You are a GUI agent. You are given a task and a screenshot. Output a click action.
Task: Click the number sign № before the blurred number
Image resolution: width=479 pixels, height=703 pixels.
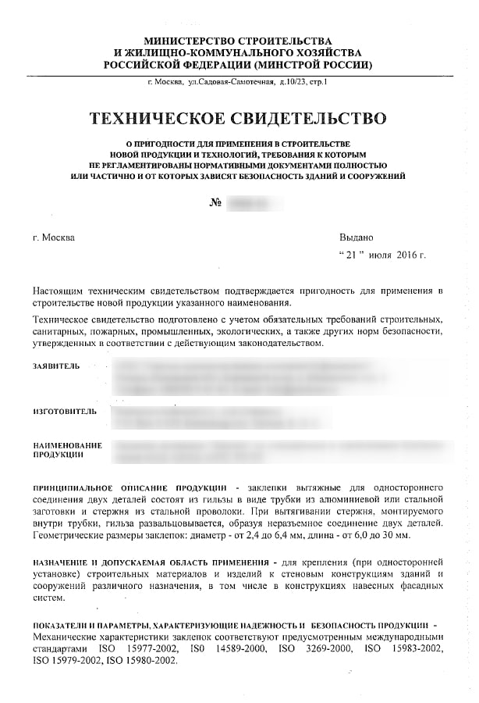tap(216, 203)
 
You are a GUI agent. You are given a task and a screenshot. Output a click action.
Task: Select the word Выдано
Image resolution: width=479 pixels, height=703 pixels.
tap(357, 236)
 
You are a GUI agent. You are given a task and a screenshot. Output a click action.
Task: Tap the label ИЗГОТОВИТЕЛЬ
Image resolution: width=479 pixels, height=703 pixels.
tap(65, 410)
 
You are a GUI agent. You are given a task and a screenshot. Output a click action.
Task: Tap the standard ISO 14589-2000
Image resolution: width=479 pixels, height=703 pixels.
tap(217, 648)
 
